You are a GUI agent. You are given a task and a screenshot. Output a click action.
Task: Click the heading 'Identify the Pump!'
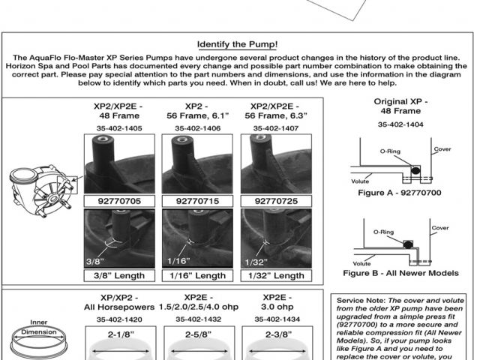(240, 44)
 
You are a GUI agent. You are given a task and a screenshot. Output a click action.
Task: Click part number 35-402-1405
(118, 129)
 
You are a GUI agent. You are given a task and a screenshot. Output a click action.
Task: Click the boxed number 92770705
(118, 201)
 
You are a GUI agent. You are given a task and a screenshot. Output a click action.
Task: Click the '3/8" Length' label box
(118, 275)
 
